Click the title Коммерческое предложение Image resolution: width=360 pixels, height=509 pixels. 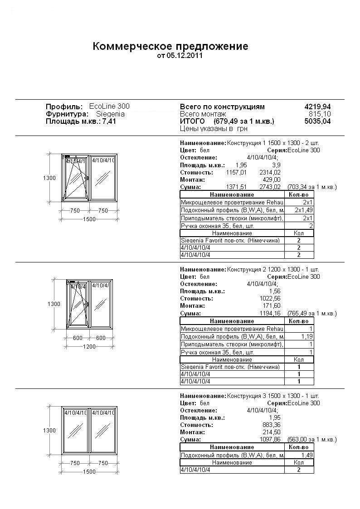click(170, 46)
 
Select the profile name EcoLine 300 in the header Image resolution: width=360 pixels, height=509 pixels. click(109, 106)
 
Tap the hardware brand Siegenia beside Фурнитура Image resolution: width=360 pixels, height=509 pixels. click(110, 114)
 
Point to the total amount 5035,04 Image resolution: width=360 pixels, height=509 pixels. click(317, 121)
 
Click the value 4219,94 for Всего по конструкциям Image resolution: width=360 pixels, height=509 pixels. click(317, 107)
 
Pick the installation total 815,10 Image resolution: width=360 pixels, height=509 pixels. click(320, 114)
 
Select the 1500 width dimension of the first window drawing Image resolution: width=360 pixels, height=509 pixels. click(89, 219)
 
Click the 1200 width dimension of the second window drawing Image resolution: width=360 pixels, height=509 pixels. click(89, 347)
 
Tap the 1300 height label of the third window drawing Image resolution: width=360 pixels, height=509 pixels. click(50, 430)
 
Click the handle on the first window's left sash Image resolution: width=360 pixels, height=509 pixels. click(86, 178)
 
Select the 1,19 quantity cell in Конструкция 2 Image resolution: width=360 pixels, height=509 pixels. click(307, 337)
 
